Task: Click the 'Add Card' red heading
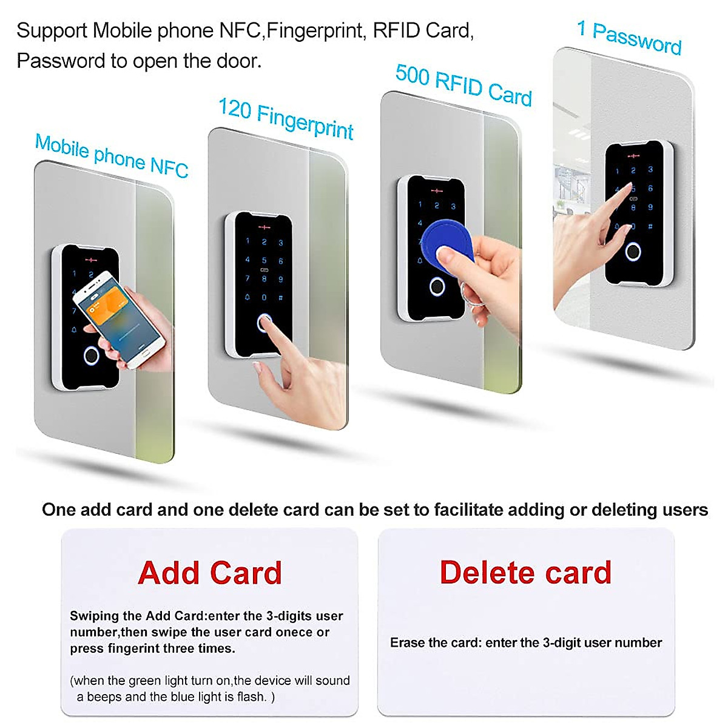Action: pos(210,573)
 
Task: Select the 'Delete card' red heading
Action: pos(525,572)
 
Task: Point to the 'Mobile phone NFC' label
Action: pos(112,155)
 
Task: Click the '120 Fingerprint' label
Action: pos(286,118)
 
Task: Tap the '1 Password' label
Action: pos(629,38)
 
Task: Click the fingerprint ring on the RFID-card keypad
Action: pos(436,286)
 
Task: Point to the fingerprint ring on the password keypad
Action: pos(633,251)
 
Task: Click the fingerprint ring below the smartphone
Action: pos(92,356)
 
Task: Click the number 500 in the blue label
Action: pos(412,75)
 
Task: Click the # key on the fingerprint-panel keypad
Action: pos(280,298)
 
